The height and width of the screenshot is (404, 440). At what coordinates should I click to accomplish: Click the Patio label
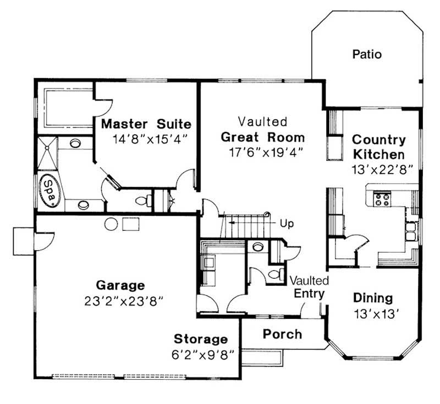[x=367, y=54]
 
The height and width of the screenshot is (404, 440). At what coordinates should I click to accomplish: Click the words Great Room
[x=262, y=137]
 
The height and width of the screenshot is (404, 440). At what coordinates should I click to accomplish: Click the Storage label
[x=201, y=339]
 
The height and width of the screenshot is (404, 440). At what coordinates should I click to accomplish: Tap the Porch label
[x=282, y=334]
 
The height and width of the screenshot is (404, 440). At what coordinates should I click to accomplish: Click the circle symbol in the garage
[x=112, y=224]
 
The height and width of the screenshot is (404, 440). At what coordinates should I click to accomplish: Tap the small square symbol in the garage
[x=131, y=224]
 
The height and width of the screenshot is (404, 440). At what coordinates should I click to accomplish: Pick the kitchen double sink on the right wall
[x=411, y=233]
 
